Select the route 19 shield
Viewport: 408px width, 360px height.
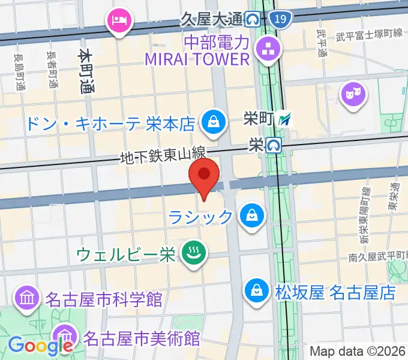click(x=278, y=20)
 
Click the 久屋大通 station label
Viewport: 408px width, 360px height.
click(x=211, y=20)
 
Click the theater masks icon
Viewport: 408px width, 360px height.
click(x=352, y=93)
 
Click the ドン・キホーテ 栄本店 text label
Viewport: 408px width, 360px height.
click(x=110, y=124)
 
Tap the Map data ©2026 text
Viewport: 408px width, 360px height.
click(x=358, y=351)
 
